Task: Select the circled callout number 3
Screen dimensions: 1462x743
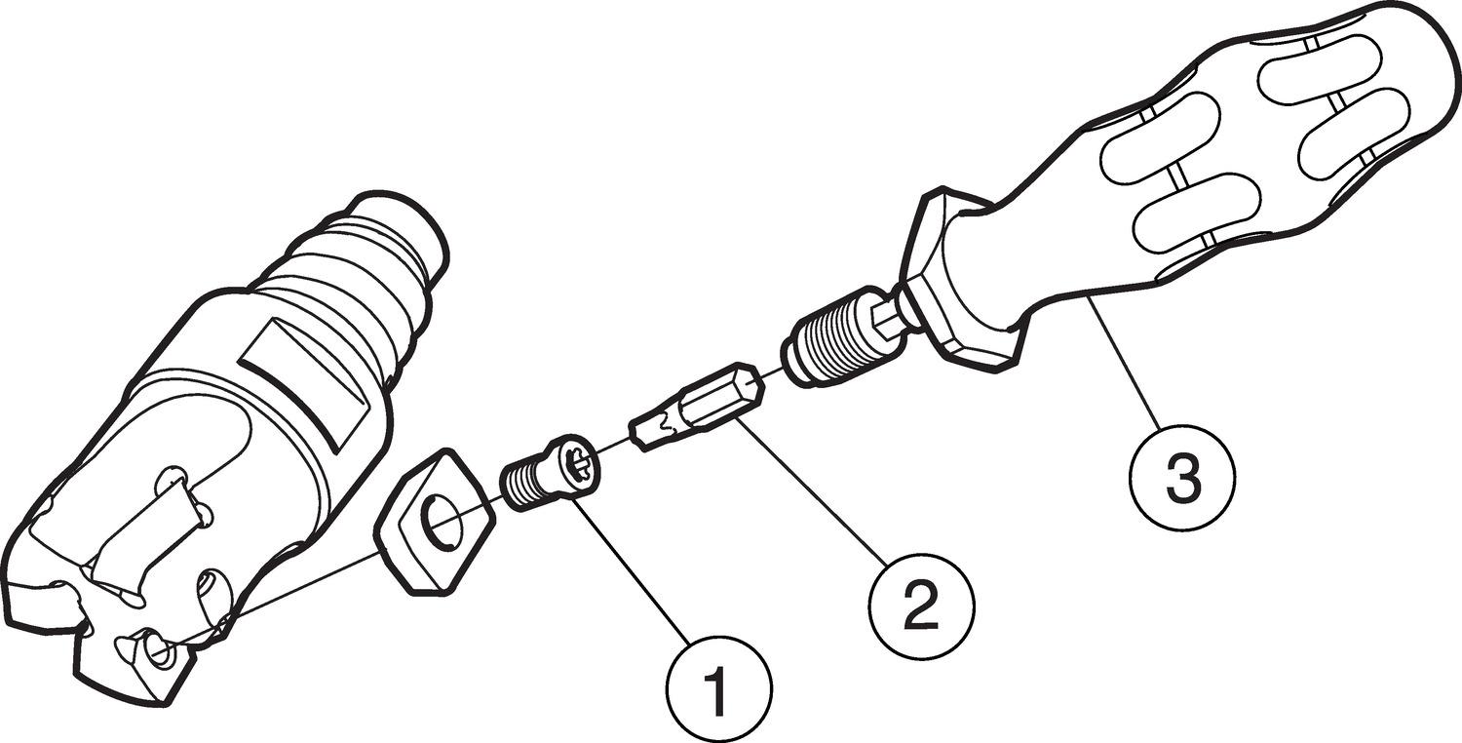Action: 1183,479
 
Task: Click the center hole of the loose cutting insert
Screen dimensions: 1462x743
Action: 442,522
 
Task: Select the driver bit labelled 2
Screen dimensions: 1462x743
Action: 696,406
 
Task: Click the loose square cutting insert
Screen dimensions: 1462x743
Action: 436,522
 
